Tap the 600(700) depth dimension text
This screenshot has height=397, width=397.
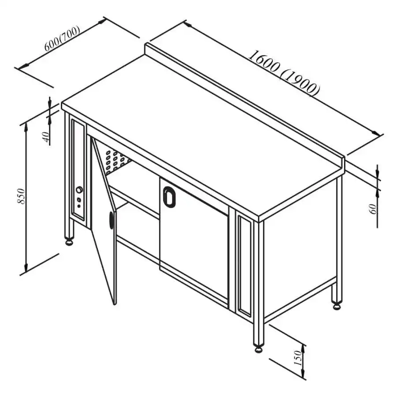pos(62,40)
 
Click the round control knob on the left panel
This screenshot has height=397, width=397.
pos(79,190)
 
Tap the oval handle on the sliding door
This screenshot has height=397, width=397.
pos(169,196)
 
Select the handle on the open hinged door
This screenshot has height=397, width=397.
pos(111,220)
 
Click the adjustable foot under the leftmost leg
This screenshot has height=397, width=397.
pos(69,242)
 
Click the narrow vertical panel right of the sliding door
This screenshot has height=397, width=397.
pos(243,264)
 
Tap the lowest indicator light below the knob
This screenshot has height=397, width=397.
pos(79,206)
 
